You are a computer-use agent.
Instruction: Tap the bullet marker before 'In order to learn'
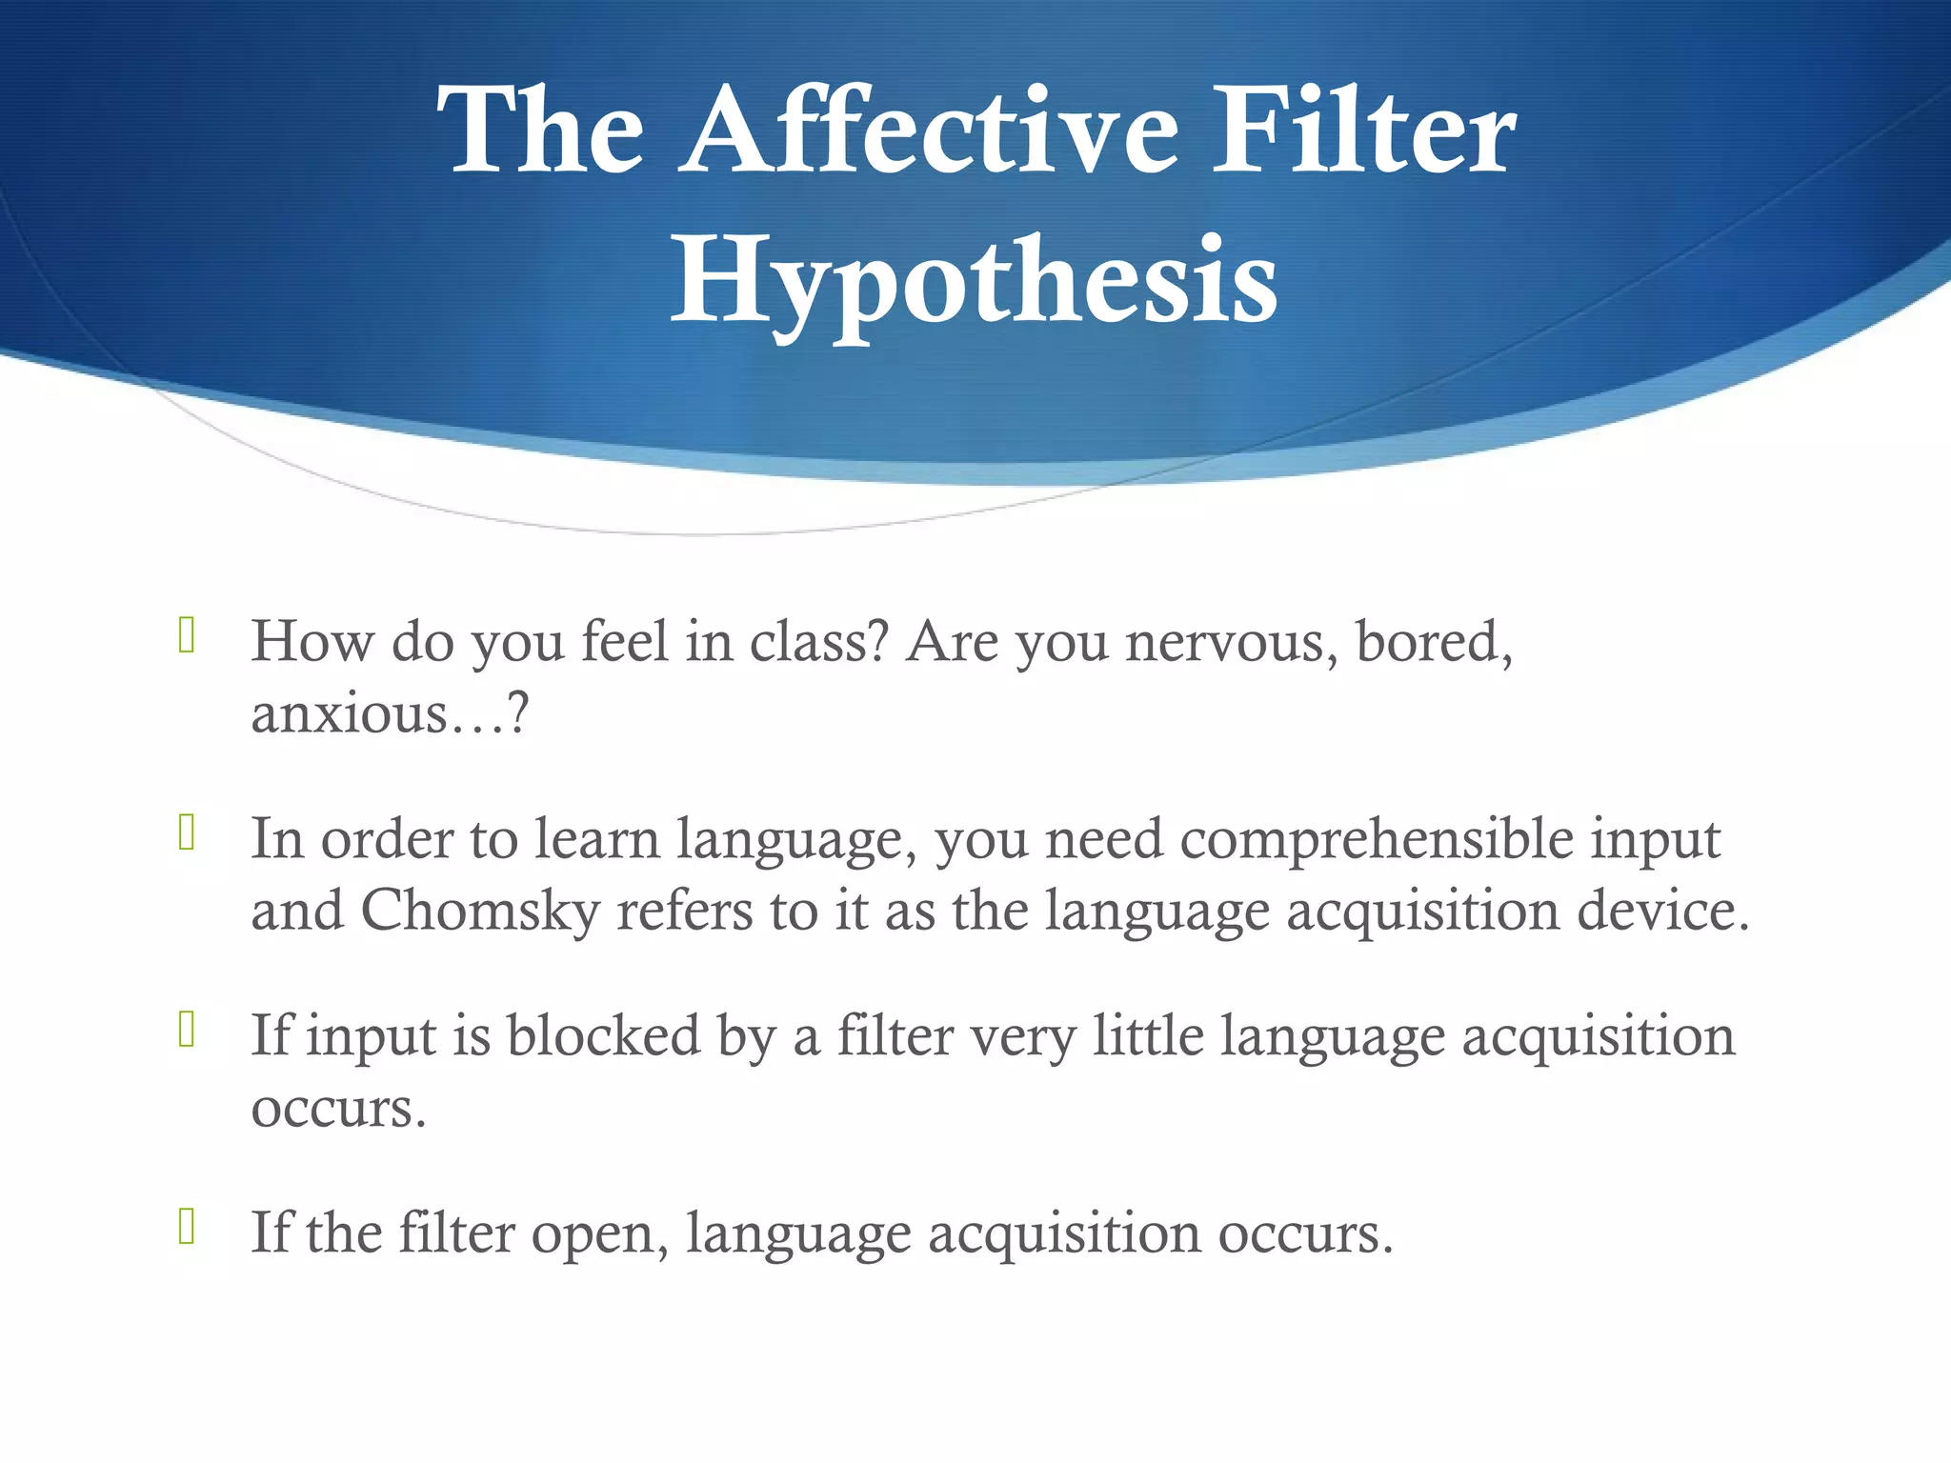pos(187,833)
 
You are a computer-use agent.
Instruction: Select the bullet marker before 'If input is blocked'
pos(187,1030)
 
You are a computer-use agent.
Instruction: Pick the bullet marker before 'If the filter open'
pos(187,1227)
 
